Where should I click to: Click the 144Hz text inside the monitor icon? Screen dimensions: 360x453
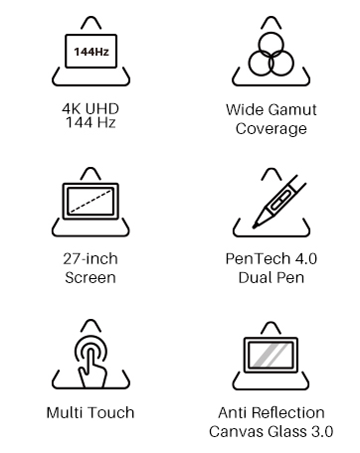coord(91,52)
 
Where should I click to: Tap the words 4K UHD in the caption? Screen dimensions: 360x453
coord(90,109)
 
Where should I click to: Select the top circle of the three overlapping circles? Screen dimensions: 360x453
coord(271,45)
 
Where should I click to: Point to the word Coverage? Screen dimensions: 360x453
coord(271,129)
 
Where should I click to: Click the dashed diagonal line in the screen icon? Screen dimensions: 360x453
coord(90,201)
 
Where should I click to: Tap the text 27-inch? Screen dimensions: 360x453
coord(90,259)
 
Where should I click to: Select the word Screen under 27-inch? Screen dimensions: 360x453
coord(90,277)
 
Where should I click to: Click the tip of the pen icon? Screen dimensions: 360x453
coord(255,226)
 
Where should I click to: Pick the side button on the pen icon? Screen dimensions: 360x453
coord(280,202)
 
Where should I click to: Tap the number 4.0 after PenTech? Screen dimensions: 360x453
coord(305,259)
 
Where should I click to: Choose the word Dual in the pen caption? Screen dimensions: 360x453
coord(254,277)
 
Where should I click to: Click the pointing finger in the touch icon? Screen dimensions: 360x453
coord(91,370)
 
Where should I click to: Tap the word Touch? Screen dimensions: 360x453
coord(112,412)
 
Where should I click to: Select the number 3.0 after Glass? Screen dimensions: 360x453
coord(322,431)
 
